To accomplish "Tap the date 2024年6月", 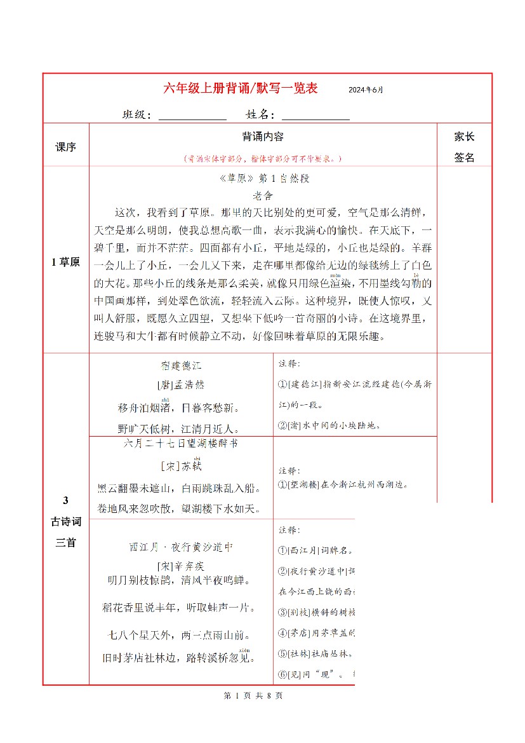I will click(x=366, y=90).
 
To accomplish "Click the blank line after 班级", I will click(x=192, y=116).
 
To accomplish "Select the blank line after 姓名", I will click(x=315, y=116).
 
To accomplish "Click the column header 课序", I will click(x=65, y=147).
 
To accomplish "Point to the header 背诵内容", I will click(x=263, y=137).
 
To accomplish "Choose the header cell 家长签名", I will click(x=464, y=147).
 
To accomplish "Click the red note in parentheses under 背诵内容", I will click(x=263, y=158).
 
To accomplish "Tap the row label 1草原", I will click(x=65, y=262).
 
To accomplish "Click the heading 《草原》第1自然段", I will click(x=263, y=179).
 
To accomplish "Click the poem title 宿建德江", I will click(x=180, y=366).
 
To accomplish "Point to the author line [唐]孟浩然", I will click(x=180, y=385).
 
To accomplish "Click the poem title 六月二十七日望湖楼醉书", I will click(x=180, y=443).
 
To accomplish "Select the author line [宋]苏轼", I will click(x=180, y=467).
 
